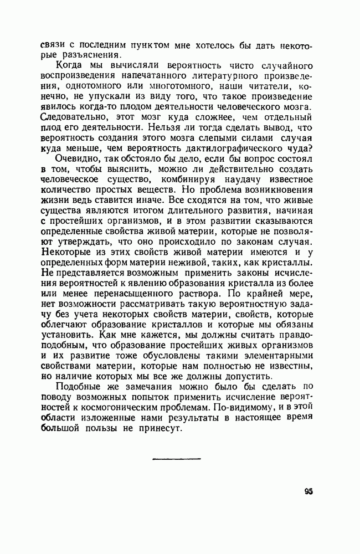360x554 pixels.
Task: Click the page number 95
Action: coord(309,491)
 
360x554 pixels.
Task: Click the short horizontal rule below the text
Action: coord(176,459)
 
